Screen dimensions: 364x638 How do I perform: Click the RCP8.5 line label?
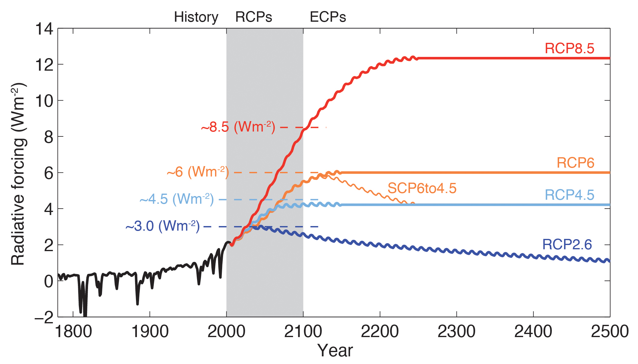[x=569, y=48]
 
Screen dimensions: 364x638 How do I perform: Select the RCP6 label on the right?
[x=575, y=163]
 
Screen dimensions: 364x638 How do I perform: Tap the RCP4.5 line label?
[x=569, y=195]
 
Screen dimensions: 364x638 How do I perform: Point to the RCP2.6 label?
[x=567, y=244]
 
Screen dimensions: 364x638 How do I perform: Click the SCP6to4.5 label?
[x=422, y=188]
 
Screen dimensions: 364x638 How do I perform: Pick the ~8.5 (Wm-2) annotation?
[x=238, y=127]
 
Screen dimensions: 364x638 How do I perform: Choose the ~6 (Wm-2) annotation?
[x=198, y=172]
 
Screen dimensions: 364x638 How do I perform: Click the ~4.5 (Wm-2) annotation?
[x=177, y=199]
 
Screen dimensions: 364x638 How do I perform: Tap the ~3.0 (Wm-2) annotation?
[x=163, y=226]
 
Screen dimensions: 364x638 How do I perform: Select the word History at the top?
[x=196, y=17]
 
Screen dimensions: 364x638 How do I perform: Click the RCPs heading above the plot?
[x=253, y=17]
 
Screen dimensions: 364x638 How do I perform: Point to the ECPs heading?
[x=328, y=17]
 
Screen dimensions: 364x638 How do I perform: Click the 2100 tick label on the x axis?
[x=303, y=332]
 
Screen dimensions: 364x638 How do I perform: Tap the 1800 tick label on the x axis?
[x=73, y=332]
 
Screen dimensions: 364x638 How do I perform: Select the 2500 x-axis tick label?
[x=610, y=332]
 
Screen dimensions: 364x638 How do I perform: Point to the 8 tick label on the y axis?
[x=49, y=137]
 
